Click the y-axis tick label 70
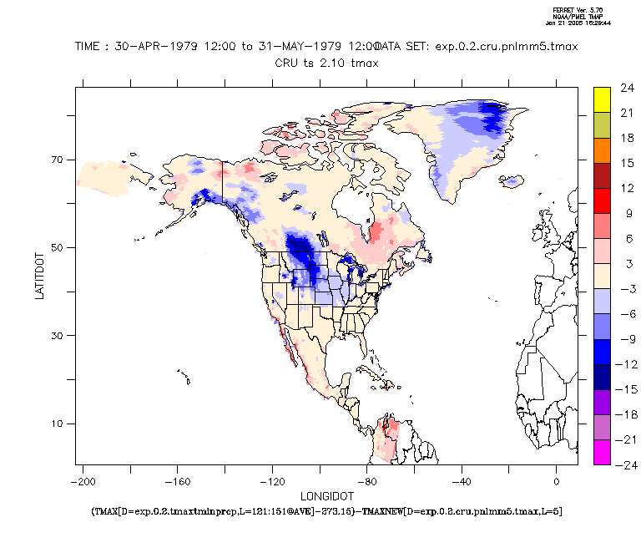coord(59,160)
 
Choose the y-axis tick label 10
coord(59,424)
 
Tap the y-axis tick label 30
coord(59,336)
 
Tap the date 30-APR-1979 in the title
coord(159,48)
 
